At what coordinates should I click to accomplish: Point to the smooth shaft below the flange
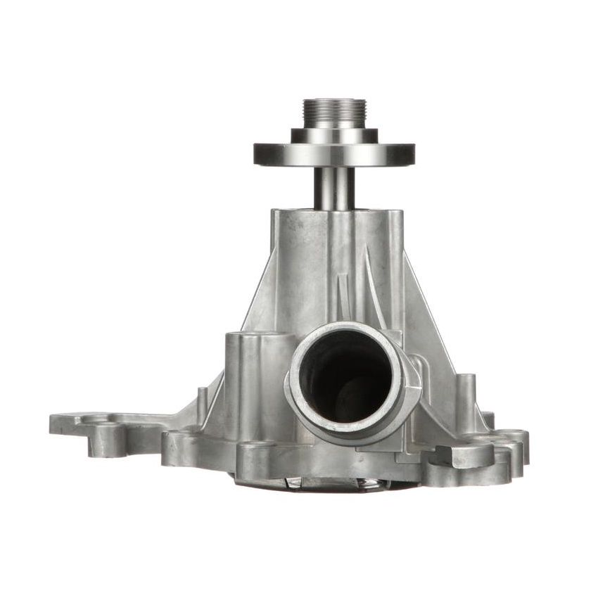[334, 187]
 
